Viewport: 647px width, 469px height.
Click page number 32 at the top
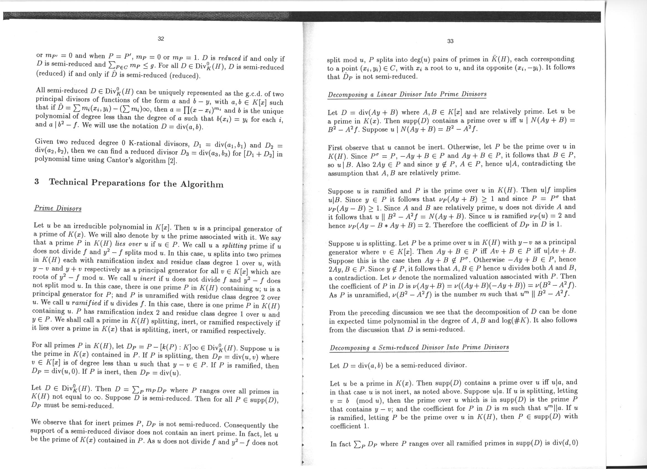[x=161, y=39]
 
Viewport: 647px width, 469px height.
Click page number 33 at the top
[x=450, y=41]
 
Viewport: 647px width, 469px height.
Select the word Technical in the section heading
[x=69, y=182]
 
